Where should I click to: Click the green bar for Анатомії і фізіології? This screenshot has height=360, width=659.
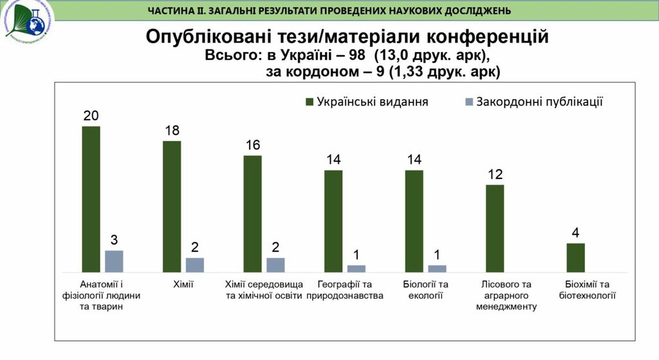point(91,199)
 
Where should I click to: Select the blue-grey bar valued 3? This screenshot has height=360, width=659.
point(114,261)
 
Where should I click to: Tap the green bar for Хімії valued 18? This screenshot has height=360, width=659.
point(172,206)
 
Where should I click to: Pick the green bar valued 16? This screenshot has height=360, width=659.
point(252,214)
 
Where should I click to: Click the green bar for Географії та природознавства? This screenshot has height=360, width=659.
point(333,221)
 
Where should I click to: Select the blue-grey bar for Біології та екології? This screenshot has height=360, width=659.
point(437,269)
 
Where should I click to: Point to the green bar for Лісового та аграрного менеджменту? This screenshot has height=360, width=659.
point(495,228)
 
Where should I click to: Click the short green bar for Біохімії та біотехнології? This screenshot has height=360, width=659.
point(575,258)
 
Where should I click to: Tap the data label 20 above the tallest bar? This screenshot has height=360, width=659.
point(91,116)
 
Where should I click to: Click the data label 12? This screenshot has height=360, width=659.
point(494,175)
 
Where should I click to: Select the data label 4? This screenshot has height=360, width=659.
point(575,233)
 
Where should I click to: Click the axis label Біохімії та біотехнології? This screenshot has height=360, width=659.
point(587,290)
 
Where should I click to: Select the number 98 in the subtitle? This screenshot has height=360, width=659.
point(353,56)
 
